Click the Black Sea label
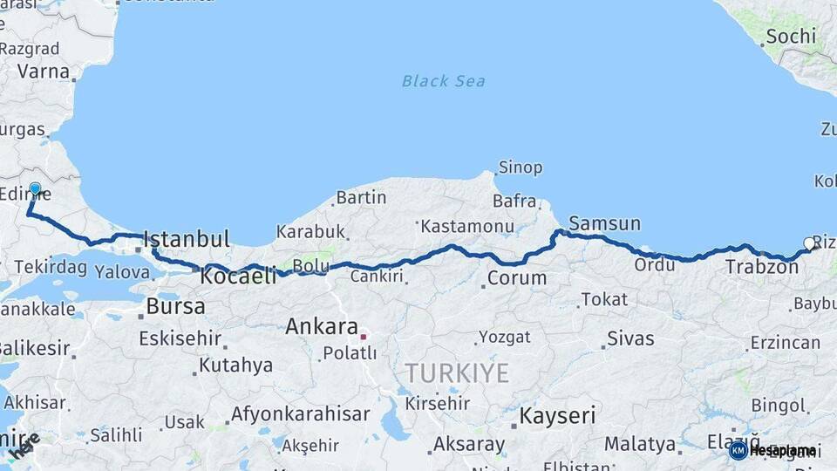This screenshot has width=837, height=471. pyautogui.click(x=443, y=81)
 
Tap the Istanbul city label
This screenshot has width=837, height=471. pyautogui.click(x=186, y=239)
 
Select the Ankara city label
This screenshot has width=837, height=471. pyautogui.click(x=322, y=327)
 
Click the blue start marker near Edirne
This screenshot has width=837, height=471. pyautogui.click(x=35, y=188)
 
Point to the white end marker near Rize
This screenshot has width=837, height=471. pyautogui.click(x=808, y=244)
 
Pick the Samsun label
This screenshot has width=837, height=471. pyautogui.click(x=604, y=223)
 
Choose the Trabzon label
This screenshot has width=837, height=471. pyautogui.click(x=761, y=267)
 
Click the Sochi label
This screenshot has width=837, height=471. pyautogui.click(x=791, y=37)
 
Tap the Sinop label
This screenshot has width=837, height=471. pyautogui.click(x=520, y=167)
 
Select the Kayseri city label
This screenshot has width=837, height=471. pyautogui.click(x=557, y=416)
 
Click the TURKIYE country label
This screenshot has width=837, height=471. pyautogui.click(x=456, y=373)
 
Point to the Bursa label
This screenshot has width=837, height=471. pyautogui.click(x=175, y=307)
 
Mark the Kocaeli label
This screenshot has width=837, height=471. pyautogui.click(x=238, y=276)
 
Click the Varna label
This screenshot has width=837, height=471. pyautogui.click(x=43, y=71)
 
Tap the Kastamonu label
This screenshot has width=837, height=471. pyautogui.click(x=466, y=227)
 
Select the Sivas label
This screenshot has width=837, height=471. pyautogui.click(x=630, y=338)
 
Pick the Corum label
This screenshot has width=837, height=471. pyautogui.click(x=516, y=279)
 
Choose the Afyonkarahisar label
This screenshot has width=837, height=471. pyautogui.click(x=300, y=414)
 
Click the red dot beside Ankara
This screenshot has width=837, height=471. pyautogui.click(x=364, y=332)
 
